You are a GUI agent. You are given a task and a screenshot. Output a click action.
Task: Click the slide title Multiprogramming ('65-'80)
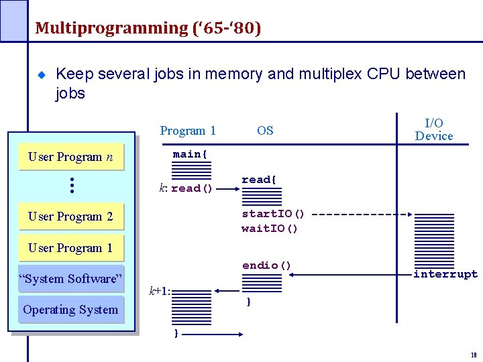[148, 28]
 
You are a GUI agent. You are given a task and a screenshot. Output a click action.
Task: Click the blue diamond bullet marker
[41, 75]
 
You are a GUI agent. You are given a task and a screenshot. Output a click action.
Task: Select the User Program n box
[70, 157]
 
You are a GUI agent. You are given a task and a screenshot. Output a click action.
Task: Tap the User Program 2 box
[70, 217]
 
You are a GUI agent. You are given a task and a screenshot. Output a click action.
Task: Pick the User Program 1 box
[70, 247]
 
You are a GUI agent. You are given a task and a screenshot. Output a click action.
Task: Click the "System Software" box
[70, 279]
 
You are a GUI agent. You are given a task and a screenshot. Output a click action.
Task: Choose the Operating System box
[70, 310]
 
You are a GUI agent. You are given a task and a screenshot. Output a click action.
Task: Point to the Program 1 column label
[188, 131]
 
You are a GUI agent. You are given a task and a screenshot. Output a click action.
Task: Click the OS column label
[265, 131]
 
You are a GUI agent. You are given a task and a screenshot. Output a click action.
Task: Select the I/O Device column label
[433, 129]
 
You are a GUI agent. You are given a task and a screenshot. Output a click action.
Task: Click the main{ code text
[191, 154]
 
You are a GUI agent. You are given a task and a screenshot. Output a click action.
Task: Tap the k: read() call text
[186, 188]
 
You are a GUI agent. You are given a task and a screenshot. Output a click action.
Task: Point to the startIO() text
[273, 214]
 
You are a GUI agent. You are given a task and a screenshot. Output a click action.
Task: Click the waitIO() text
[270, 229]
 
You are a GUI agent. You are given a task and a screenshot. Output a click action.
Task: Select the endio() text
[266, 265]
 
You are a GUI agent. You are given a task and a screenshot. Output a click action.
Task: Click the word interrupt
[445, 274]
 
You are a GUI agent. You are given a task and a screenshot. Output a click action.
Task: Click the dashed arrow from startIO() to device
[362, 215]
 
